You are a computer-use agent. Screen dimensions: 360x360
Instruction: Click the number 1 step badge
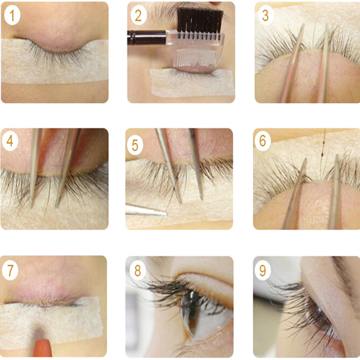12,16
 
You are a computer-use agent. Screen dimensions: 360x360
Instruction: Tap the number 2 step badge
139,16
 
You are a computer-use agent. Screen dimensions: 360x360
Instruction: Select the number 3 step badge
265,16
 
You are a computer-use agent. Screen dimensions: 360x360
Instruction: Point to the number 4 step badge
10,140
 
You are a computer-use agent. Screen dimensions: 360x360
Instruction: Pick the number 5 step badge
135,145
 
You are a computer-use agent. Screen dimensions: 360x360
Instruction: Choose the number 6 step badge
263,140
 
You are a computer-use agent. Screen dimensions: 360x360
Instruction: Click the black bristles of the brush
200,21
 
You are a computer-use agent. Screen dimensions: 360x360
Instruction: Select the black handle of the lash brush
146,38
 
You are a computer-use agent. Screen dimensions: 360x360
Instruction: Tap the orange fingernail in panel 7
42,347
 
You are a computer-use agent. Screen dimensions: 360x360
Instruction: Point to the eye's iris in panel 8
190,313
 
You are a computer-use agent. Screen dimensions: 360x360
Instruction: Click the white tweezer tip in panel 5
146,211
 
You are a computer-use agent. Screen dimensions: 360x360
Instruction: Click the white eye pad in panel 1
55,62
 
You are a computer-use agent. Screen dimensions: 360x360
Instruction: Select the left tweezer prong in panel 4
35,167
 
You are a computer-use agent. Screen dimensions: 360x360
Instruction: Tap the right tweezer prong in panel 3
324,64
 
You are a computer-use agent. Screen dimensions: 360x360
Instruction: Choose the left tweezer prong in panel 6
295,194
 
